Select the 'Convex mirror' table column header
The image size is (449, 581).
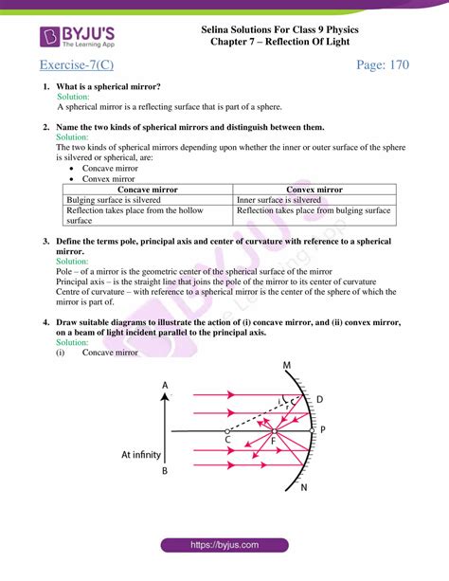pos(314,190)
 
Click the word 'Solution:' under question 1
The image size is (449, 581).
pos(74,97)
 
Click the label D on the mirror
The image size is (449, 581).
pos(319,399)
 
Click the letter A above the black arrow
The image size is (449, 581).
pos(165,385)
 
